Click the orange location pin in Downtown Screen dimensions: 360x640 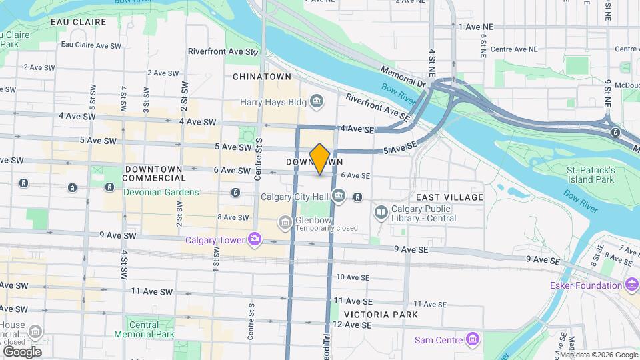[x=320, y=159]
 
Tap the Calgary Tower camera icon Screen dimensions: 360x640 [x=254, y=239]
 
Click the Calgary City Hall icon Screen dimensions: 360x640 [x=339, y=196]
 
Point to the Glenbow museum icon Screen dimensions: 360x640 [x=285, y=221]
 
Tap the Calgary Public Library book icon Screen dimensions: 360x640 [x=381, y=213]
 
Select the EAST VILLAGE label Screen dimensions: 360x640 [x=449, y=197]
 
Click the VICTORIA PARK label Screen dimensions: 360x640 [x=381, y=314]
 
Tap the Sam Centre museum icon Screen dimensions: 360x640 [x=473, y=340]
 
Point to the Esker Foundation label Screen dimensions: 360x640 [x=586, y=285]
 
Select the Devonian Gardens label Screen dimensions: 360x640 [x=161, y=192]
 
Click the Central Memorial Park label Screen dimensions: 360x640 [x=144, y=329]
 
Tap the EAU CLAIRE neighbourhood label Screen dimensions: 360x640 [x=78, y=22]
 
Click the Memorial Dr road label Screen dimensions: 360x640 [x=403, y=76]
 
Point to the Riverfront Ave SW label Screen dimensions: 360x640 [x=223, y=51]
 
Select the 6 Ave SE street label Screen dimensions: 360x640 [x=355, y=175]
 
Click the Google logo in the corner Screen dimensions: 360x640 [x=22, y=351]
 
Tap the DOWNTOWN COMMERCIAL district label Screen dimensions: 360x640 [x=154, y=173]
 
